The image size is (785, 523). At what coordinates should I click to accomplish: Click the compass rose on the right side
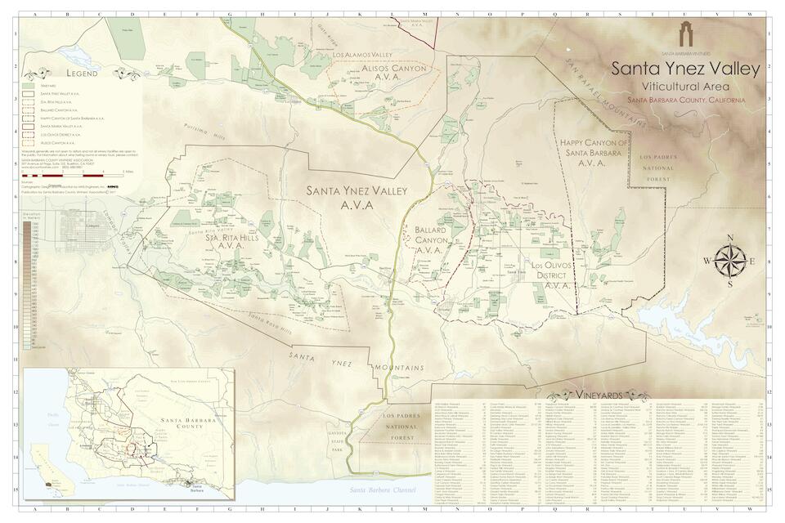[x=729, y=261]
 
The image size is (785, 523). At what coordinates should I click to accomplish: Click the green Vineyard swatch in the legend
[x=29, y=85]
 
